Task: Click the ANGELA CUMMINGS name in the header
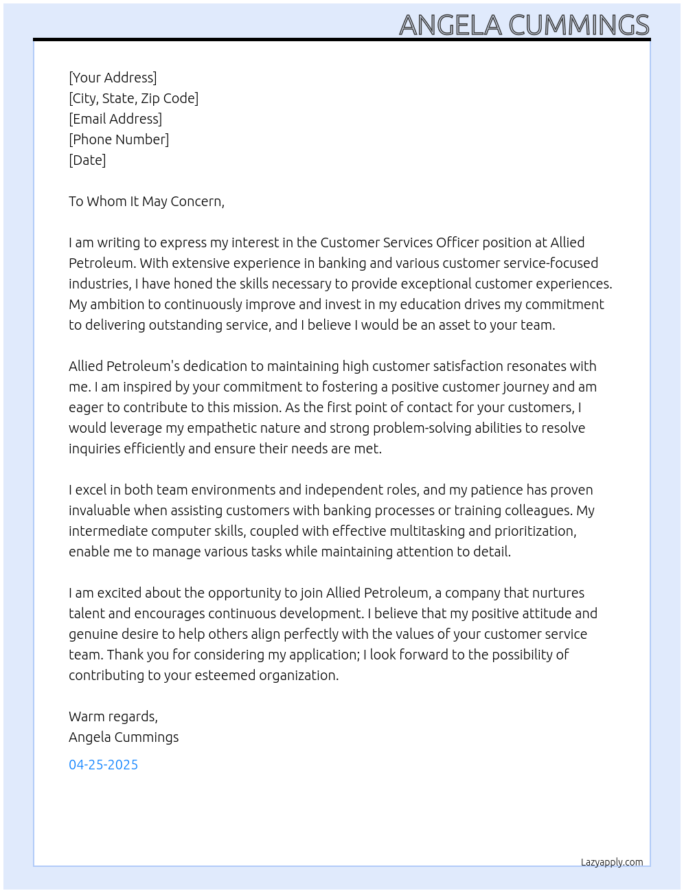click(524, 25)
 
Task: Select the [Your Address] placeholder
click(113, 78)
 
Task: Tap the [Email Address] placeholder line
click(115, 119)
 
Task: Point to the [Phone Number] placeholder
click(119, 139)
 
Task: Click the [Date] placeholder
click(87, 160)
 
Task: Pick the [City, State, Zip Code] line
click(133, 98)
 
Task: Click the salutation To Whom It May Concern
click(146, 201)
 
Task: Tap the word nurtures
click(558, 593)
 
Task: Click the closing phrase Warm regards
click(113, 716)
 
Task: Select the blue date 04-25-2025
click(103, 765)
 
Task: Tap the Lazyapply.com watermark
click(611, 862)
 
